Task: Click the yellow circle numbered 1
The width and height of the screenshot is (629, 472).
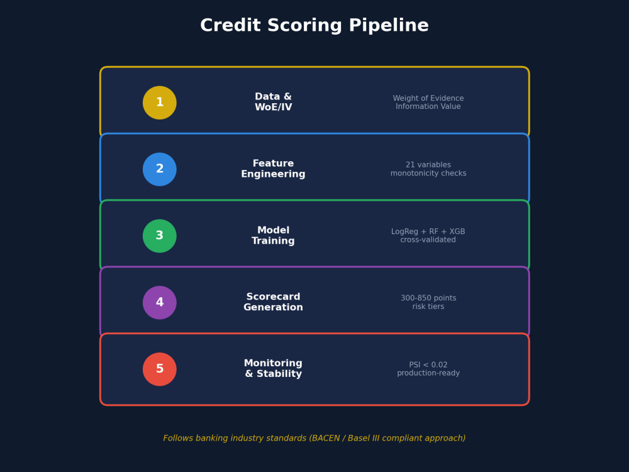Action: tap(160, 103)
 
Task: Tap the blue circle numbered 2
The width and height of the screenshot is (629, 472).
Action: tap(160, 169)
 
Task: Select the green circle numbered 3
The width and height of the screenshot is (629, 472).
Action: tap(160, 236)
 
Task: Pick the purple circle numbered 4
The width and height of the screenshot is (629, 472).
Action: tap(160, 303)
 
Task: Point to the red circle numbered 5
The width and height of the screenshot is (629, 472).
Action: tap(160, 369)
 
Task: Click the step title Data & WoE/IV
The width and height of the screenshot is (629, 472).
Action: tap(273, 102)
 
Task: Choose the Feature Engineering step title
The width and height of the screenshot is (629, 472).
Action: tap(273, 169)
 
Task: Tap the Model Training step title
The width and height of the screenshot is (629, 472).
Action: tap(273, 235)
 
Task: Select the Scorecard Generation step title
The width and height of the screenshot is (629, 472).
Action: tap(273, 302)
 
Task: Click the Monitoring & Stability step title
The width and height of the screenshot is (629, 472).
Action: tap(273, 369)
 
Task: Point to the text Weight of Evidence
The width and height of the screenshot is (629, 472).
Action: tap(428, 98)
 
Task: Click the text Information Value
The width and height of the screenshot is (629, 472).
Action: tap(428, 106)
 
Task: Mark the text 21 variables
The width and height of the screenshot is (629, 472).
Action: tap(428, 165)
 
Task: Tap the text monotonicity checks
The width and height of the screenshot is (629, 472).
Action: tap(428, 174)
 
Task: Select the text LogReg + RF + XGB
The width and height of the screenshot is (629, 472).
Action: tap(428, 232)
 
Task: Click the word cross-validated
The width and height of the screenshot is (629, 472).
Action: tap(428, 240)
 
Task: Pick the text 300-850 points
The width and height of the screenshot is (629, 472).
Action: tap(428, 298)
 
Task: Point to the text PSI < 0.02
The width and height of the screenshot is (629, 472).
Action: tap(428, 365)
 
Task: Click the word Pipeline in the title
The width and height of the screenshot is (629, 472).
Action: tap(389, 26)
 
